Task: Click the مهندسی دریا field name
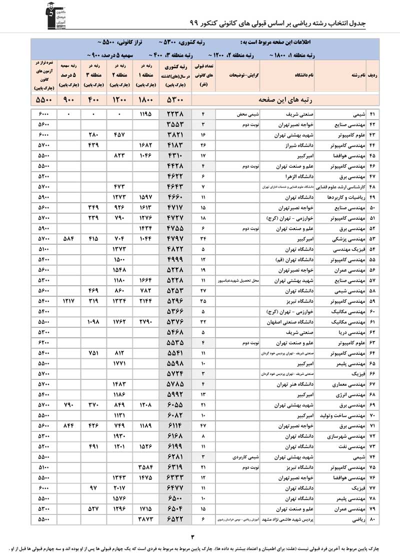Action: click(x=350, y=332)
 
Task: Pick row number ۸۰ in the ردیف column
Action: click(x=372, y=520)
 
